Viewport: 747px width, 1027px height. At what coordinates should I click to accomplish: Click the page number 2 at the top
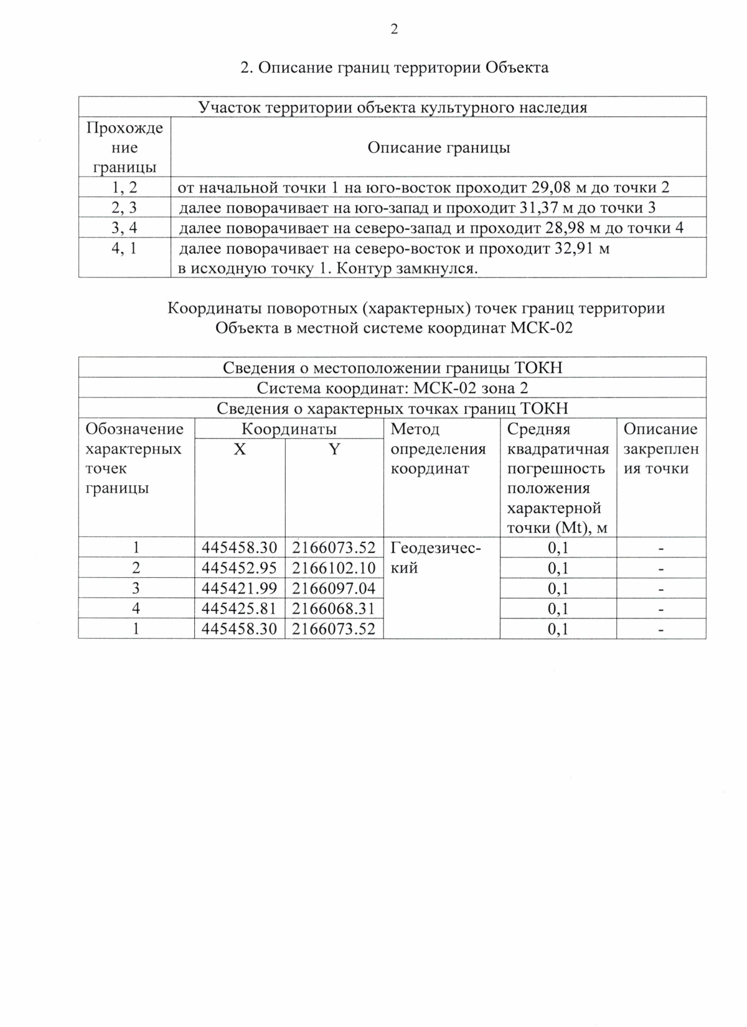pyautogui.click(x=393, y=29)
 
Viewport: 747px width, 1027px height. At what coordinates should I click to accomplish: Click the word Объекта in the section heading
pyautogui.click(x=517, y=67)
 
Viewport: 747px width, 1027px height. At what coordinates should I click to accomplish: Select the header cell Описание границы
pyautogui.click(x=438, y=147)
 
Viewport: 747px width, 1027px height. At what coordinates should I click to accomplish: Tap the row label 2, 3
pyautogui.click(x=124, y=208)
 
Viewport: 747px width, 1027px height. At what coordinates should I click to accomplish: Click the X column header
pyautogui.click(x=240, y=449)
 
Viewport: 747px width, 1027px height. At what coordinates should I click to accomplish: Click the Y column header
pyautogui.click(x=334, y=449)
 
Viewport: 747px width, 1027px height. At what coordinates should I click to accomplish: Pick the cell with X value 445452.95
pyautogui.click(x=240, y=568)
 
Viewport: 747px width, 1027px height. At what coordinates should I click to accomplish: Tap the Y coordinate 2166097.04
pyautogui.click(x=334, y=588)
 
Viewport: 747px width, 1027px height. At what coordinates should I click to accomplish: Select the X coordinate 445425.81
pyautogui.click(x=240, y=608)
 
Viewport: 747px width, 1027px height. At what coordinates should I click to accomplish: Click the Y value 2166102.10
pyautogui.click(x=334, y=568)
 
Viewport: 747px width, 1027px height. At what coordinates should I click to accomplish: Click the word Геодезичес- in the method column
pyautogui.click(x=436, y=548)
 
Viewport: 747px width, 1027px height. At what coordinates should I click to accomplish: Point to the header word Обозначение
pyautogui.click(x=134, y=429)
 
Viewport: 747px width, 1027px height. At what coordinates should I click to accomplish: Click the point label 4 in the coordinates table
pyautogui.click(x=136, y=608)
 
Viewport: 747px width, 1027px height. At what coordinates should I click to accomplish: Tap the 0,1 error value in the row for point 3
pyautogui.click(x=558, y=588)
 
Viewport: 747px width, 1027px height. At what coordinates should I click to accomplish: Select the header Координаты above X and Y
pyautogui.click(x=289, y=429)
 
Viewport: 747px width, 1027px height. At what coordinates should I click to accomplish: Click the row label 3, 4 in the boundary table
pyautogui.click(x=124, y=228)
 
